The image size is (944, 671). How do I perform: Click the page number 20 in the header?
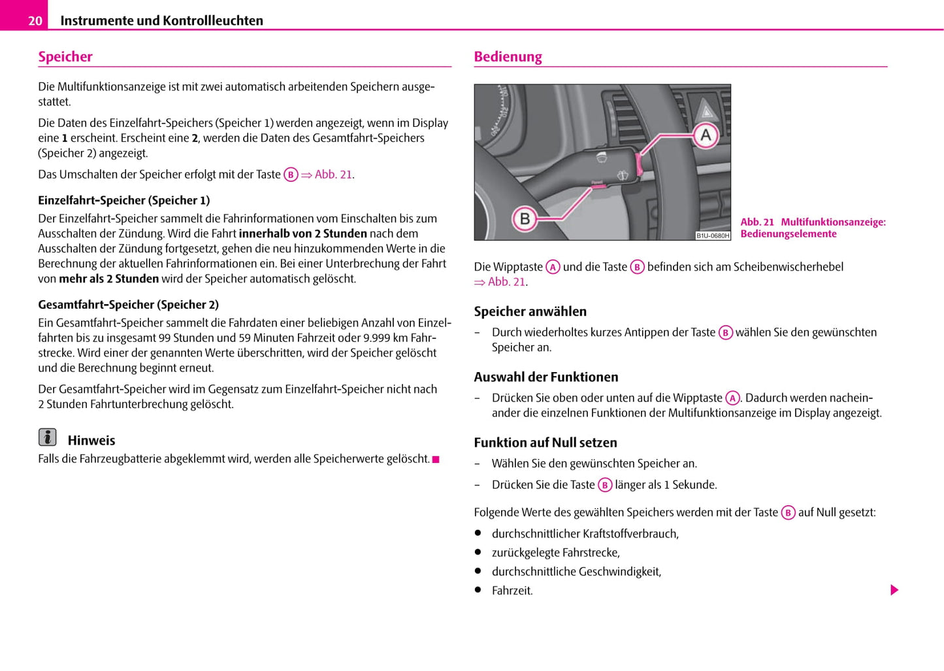click(35, 21)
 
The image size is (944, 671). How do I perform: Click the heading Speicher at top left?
click(65, 57)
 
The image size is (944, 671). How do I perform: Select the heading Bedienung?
click(508, 57)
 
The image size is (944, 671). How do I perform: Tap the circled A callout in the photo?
click(706, 135)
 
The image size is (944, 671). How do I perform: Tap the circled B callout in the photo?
click(525, 218)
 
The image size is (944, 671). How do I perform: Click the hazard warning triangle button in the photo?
click(708, 109)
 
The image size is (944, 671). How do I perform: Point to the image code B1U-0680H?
click(712, 235)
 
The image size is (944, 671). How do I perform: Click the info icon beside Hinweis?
click(47, 437)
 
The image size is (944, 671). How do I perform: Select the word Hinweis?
click(91, 441)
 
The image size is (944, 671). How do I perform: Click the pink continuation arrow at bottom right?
click(894, 590)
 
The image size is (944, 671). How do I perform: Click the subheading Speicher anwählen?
click(530, 311)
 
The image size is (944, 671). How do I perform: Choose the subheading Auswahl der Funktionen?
click(545, 377)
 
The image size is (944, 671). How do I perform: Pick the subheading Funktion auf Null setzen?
click(545, 442)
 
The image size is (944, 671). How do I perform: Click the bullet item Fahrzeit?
click(512, 591)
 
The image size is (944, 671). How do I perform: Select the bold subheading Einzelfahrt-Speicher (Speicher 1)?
click(123, 200)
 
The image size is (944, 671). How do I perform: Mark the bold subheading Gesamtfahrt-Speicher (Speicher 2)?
click(128, 304)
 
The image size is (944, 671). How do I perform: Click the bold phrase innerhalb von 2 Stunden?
click(302, 233)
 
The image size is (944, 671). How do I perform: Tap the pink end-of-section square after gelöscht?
click(436, 460)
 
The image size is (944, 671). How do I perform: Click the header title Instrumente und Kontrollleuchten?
click(161, 21)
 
